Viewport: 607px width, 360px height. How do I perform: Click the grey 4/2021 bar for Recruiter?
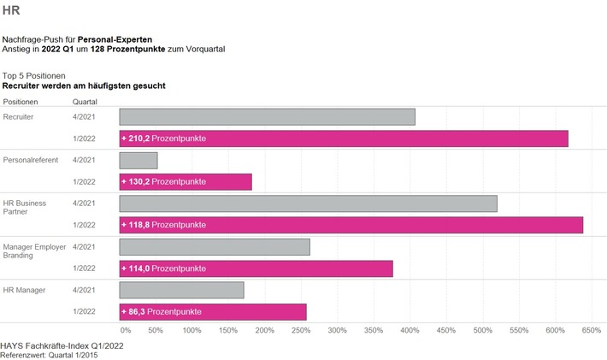267,116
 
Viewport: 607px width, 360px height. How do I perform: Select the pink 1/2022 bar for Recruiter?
344,139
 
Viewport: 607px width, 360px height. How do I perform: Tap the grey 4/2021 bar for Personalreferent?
138,160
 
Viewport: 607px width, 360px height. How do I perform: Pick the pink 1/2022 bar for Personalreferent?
186,182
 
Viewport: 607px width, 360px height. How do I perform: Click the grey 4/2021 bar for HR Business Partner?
308,204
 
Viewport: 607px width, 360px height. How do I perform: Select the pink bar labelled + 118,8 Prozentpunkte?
351,225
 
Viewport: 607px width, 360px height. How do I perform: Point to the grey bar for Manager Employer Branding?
215,247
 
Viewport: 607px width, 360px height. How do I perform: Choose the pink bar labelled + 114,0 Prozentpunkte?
256,269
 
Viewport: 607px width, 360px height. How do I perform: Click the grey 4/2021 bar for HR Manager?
181,291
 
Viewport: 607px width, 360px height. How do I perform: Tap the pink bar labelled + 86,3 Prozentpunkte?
213,312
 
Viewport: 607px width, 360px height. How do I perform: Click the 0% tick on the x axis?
125,330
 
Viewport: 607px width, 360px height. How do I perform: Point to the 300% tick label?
337,330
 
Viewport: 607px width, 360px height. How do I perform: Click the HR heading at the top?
11,12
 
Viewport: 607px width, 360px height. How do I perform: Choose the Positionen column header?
21,101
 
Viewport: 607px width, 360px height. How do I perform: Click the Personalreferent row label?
28,160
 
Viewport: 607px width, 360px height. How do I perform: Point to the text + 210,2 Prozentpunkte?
163,139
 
